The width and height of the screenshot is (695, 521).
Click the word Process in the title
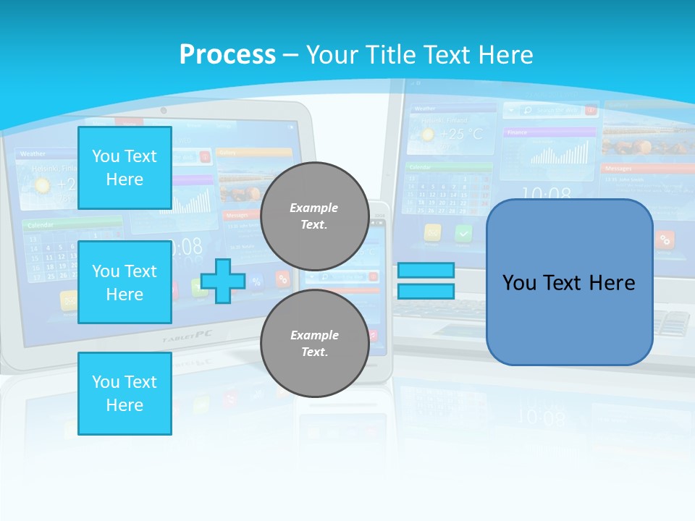click(x=227, y=54)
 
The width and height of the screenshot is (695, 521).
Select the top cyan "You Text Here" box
click(x=125, y=168)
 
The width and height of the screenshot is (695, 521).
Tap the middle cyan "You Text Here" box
click(x=125, y=282)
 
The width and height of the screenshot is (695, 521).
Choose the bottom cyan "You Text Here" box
click(x=125, y=394)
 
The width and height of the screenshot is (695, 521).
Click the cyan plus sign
click(x=223, y=281)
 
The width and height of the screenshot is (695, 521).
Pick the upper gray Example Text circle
click(x=314, y=216)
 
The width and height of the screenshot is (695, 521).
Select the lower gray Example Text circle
click(x=314, y=343)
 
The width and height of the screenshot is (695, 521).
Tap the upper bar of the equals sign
click(x=426, y=271)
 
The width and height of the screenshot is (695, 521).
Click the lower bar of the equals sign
click(x=426, y=291)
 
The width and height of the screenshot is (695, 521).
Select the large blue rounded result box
click(x=569, y=282)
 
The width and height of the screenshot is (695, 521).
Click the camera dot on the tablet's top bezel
click(x=164, y=111)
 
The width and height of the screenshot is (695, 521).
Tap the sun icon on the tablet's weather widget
click(x=43, y=185)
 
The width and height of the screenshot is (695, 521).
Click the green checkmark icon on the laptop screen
click(x=463, y=233)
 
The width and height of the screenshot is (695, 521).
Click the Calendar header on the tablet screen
click(x=41, y=225)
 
